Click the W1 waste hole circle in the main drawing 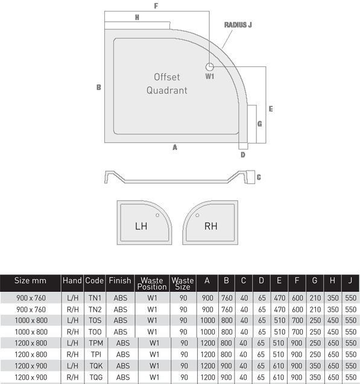pyautogui.click(x=209, y=66)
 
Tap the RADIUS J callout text pyautogui.click(x=238, y=25)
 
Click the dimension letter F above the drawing pyautogui.click(x=156, y=6)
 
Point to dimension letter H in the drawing pyautogui.click(x=137, y=17)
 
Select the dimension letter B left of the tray pyautogui.click(x=99, y=87)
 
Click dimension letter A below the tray pyautogui.click(x=175, y=148)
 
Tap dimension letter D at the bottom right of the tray pyautogui.click(x=242, y=155)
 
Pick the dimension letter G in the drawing pyautogui.click(x=259, y=124)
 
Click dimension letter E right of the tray pyautogui.click(x=271, y=109)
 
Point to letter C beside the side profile pyautogui.click(x=259, y=177)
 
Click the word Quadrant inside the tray pyautogui.click(x=167, y=90)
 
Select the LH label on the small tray pyautogui.click(x=141, y=226)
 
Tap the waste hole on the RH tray pyautogui.click(x=197, y=215)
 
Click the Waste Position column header pyautogui.click(x=152, y=283)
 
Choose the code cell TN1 pyautogui.click(x=95, y=298)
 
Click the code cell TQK pyautogui.click(x=96, y=366)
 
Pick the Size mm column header pyautogui.click(x=30, y=280)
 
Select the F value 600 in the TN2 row pyautogui.click(x=297, y=310)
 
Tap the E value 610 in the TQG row pyautogui.click(x=279, y=377)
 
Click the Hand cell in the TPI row pyautogui.click(x=72, y=354)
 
